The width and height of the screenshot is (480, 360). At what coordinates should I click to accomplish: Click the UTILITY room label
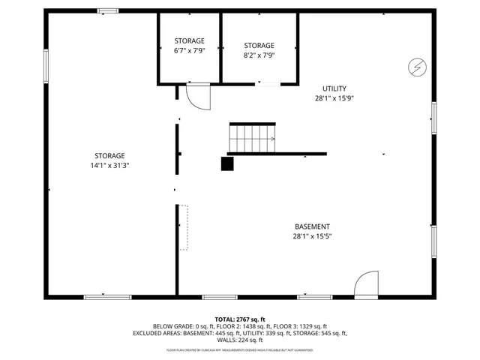(334, 88)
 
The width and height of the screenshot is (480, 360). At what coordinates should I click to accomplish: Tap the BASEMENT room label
(311, 226)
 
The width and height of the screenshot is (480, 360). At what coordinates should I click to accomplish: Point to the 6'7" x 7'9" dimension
(189, 50)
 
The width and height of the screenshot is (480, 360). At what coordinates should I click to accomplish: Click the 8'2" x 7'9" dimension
(259, 55)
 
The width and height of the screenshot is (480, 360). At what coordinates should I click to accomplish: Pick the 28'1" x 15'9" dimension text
(334, 98)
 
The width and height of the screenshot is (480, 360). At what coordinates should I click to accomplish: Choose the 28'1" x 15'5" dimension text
(311, 236)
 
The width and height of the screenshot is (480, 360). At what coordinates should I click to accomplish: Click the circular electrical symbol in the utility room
(416, 67)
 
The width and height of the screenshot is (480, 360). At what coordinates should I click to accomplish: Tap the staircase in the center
(253, 138)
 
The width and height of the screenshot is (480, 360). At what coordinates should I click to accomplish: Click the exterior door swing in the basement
(367, 284)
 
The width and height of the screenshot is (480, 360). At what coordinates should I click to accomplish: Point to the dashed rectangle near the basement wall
(183, 226)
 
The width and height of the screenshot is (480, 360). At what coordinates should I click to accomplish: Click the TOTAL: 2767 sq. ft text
(240, 319)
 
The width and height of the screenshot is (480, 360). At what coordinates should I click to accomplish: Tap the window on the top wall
(108, 10)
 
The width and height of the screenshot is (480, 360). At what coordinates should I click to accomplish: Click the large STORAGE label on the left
(109, 155)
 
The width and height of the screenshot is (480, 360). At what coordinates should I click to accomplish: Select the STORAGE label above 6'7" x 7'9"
(189, 40)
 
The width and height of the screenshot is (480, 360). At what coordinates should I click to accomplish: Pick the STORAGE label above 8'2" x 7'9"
(259, 45)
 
